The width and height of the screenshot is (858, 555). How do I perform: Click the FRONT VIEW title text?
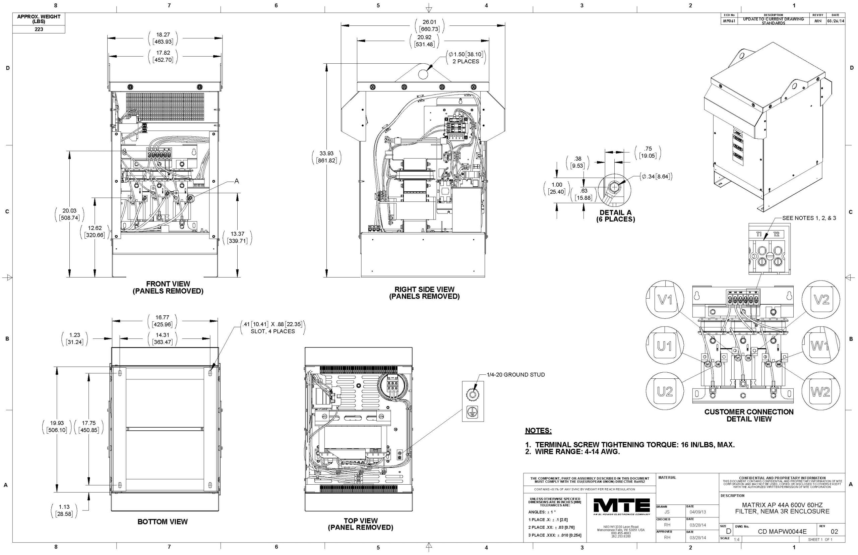(x=168, y=284)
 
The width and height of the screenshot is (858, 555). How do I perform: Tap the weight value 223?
(x=39, y=29)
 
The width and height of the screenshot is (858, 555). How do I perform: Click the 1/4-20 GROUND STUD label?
(x=516, y=375)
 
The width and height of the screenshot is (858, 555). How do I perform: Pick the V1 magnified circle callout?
(x=665, y=300)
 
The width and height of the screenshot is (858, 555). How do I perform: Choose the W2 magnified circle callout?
(x=821, y=392)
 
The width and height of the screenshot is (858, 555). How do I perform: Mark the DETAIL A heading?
(x=615, y=212)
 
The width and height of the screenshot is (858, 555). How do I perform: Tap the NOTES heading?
(x=538, y=431)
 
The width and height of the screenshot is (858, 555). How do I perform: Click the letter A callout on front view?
(x=236, y=181)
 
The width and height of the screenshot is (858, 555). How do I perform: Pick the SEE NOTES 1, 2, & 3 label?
(x=809, y=218)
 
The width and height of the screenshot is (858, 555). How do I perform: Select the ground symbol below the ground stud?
(x=470, y=413)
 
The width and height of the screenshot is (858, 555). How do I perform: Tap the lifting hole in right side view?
(x=423, y=73)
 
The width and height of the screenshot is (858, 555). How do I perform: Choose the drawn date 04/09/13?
(x=698, y=512)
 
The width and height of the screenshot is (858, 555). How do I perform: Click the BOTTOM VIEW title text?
(x=163, y=522)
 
